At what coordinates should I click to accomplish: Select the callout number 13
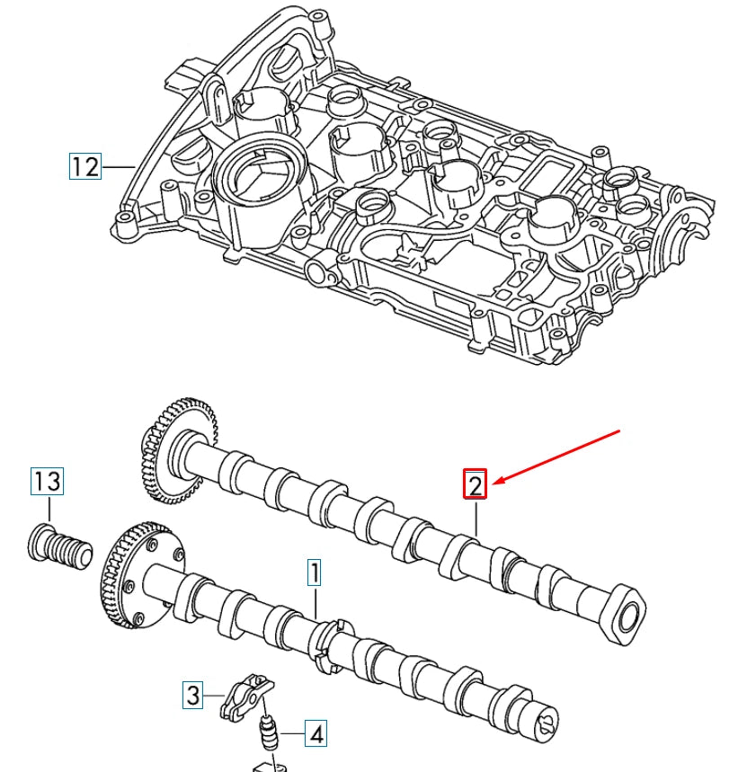pyautogui.click(x=47, y=481)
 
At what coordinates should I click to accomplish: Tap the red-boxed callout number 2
pyautogui.click(x=475, y=485)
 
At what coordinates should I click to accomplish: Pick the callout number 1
pyautogui.click(x=314, y=572)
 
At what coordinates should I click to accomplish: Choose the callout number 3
pyautogui.click(x=191, y=694)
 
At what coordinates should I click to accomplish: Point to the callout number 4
pyautogui.click(x=315, y=734)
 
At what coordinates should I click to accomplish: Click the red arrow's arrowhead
pyautogui.click(x=496, y=484)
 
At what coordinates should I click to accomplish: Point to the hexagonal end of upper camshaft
pyautogui.click(x=627, y=613)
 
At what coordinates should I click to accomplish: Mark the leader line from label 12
pyautogui.click(x=117, y=166)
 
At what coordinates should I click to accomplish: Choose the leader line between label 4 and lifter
pyautogui.click(x=290, y=734)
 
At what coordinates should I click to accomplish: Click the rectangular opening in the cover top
pyautogui.click(x=554, y=168)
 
